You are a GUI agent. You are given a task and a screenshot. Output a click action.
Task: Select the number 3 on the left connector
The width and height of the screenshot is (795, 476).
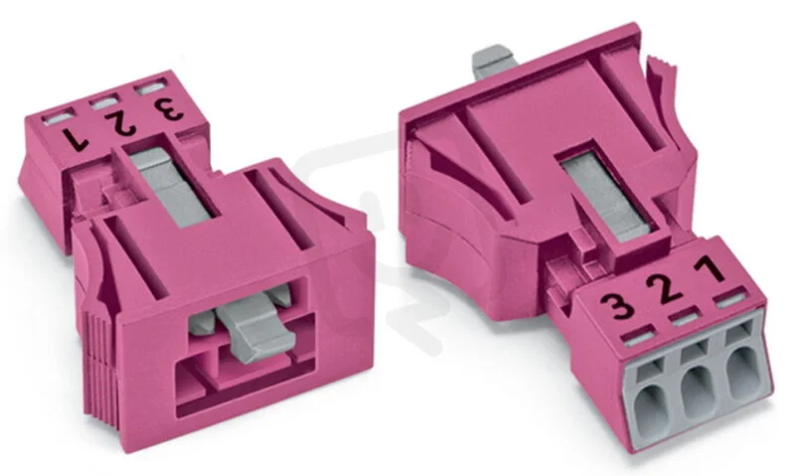(x=169, y=108)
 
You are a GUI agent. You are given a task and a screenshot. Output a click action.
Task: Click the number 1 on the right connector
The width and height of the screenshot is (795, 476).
(x=712, y=268)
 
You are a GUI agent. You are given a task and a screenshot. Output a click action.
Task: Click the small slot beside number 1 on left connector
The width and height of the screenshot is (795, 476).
(x=56, y=118)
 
